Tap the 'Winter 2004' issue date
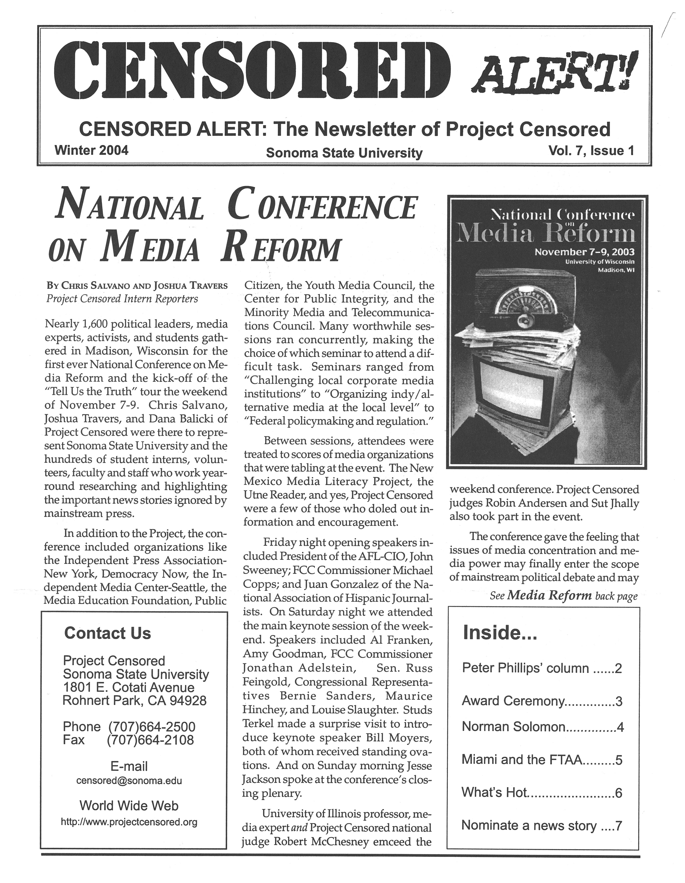pyautogui.click(x=91, y=150)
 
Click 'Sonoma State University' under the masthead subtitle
pyautogui.click(x=344, y=153)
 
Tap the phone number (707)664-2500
pyautogui.click(x=152, y=726)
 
